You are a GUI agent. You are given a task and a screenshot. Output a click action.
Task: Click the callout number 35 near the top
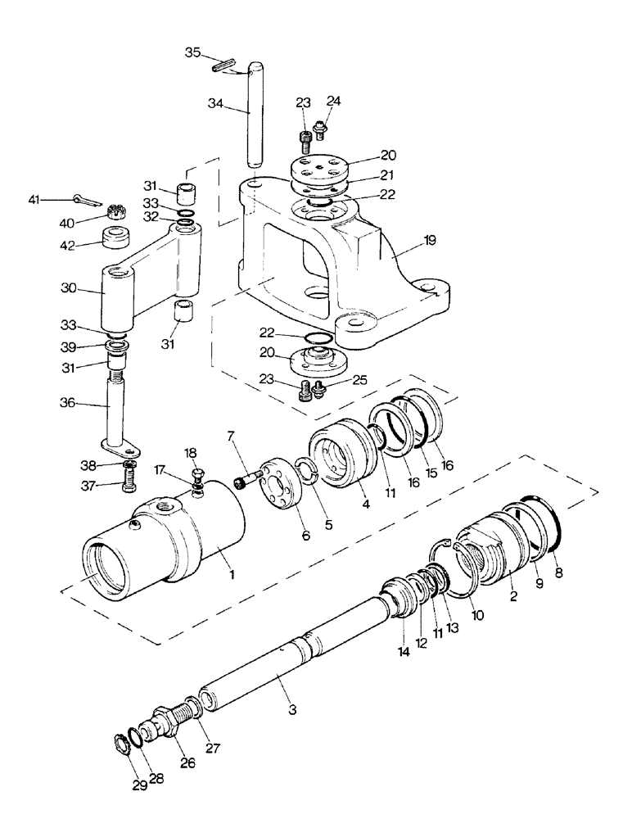[192, 52]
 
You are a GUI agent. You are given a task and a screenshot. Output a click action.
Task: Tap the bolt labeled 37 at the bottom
[126, 482]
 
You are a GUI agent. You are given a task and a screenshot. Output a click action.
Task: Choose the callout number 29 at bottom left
[138, 785]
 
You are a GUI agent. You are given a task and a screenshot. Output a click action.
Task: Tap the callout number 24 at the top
[332, 102]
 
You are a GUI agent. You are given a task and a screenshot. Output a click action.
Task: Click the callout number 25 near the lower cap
[360, 379]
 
